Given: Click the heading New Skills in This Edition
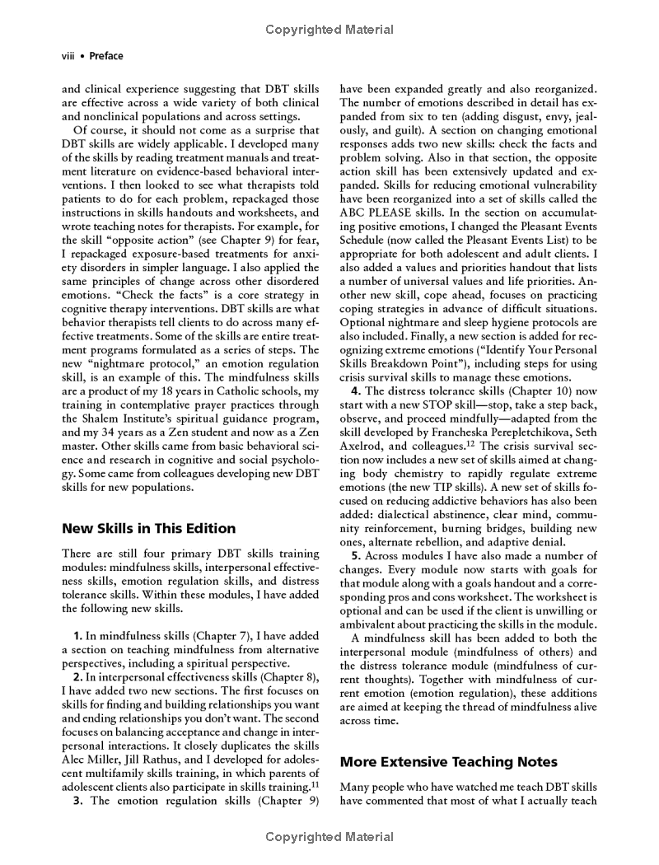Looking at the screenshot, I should coord(149,528).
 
